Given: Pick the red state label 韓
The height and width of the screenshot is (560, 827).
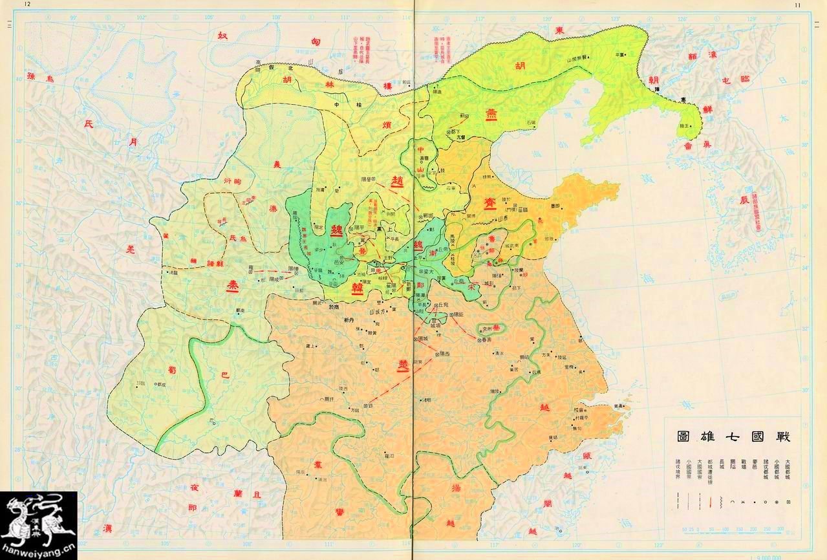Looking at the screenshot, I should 356,289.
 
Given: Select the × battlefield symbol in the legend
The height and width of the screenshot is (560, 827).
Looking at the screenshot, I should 745,501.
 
